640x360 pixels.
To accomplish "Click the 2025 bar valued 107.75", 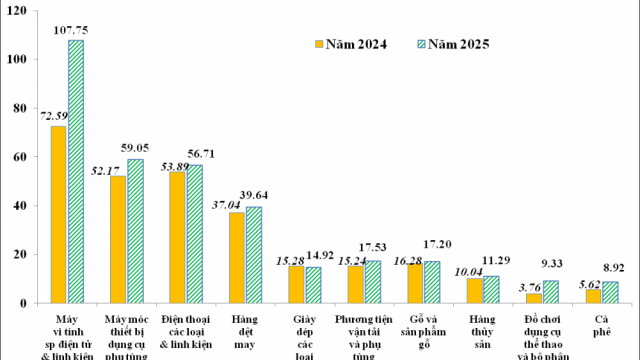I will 76,171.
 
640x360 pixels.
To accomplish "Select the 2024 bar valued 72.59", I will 59,214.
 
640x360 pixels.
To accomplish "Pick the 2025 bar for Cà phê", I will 610,291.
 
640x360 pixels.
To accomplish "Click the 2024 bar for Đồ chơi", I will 534,297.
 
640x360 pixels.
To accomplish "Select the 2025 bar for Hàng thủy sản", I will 491,288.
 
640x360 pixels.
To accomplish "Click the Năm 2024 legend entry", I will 351,45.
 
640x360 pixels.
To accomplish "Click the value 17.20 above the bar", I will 435,244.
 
